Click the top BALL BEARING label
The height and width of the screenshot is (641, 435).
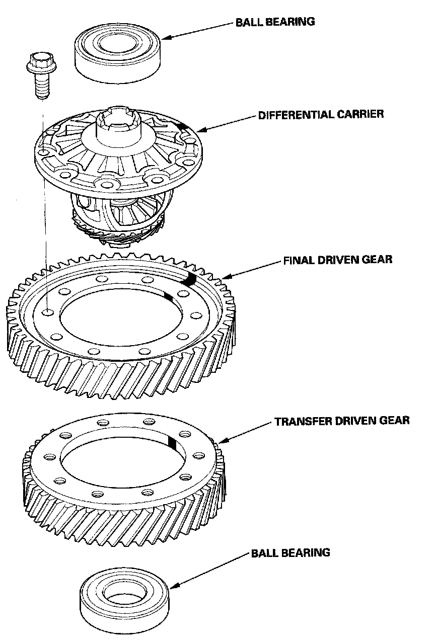coord(275,22)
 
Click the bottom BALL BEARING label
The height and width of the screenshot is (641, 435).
coord(291,552)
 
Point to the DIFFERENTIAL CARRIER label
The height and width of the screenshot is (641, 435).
coord(321,114)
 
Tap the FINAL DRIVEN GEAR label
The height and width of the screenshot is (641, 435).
coord(337,260)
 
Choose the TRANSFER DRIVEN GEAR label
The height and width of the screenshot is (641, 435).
coord(342,420)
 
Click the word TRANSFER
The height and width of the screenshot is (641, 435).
coord(299,420)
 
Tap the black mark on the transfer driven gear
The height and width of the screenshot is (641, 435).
coord(172,442)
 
